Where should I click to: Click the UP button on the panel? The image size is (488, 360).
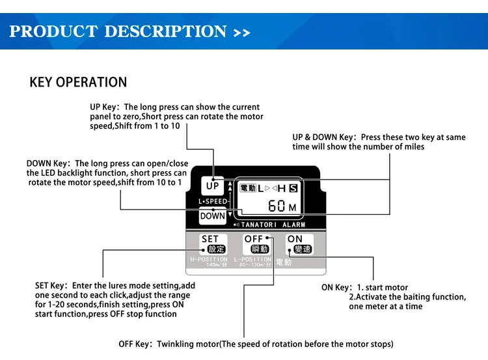pyautogui.click(x=213, y=186)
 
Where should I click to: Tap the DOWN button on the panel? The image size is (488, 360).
pyautogui.click(x=213, y=215)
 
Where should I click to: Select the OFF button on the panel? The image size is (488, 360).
pyautogui.click(x=255, y=244)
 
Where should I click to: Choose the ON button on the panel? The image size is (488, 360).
pyautogui.click(x=299, y=244)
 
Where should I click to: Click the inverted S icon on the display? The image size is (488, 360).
pyautogui.click(x=293, y=189)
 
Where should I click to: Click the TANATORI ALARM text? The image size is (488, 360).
pyautogui.click(x=273, y=225)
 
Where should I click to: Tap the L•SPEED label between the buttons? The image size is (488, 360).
pyautogui.click(x=213, y=201)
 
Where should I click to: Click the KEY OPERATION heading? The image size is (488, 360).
pyautogui.click(x=78, y=83)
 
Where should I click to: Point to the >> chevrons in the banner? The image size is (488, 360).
pyautogui.click(x=241, y=32)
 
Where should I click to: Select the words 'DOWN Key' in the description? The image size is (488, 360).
pyautogui.click(x=48, y=163)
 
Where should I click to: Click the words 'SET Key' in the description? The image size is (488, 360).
pyautogui.click(x=51, y=285)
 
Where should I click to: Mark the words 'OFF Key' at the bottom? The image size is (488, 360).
pyautogui.click(x=135, y=344)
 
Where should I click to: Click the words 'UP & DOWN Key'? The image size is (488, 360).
pyautogui.click(x=323, y=137)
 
